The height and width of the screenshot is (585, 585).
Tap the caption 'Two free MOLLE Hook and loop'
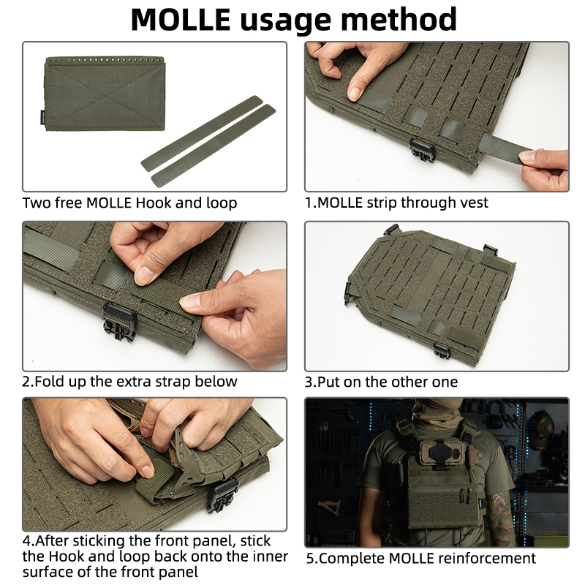tap(129, 203)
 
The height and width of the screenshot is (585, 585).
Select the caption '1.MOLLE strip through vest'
tap(396, 203)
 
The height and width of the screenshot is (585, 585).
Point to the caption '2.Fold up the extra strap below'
tap(129, 382)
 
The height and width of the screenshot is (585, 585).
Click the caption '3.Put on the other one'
tap(382, 382)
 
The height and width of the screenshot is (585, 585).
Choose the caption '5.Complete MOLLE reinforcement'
tap(420, 559)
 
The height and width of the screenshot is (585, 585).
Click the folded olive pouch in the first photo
tap(106, 95)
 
